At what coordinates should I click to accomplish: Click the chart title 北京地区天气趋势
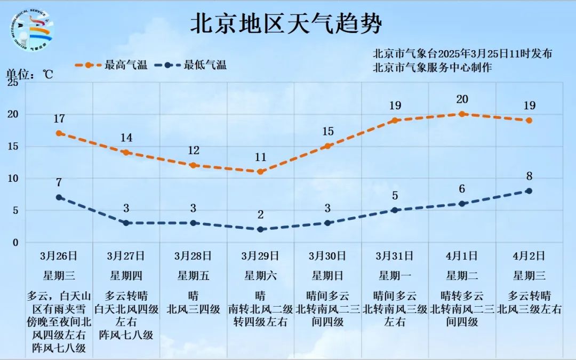(287, 25)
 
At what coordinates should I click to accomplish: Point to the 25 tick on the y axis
(13, 83)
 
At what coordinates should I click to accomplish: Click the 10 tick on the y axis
(13, 179)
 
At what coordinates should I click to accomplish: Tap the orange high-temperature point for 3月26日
(59, 133)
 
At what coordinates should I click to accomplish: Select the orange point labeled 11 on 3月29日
(260, 172)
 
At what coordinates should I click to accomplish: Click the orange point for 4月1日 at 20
(462, 114)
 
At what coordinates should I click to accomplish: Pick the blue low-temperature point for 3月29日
(260, 229)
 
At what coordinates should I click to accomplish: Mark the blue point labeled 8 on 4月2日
(529, 191)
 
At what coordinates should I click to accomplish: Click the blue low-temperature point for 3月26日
(59, 197)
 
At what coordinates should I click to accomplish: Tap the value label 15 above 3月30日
(328, 131)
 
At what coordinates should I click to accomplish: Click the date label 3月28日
(193, 256)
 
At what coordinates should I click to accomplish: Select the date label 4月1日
(462, 256)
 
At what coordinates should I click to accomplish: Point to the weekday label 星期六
(260, 276)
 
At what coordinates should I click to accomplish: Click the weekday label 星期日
(327, 276)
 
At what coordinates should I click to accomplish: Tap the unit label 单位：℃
(30, 74)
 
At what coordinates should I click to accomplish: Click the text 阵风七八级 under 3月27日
(126, 335)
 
